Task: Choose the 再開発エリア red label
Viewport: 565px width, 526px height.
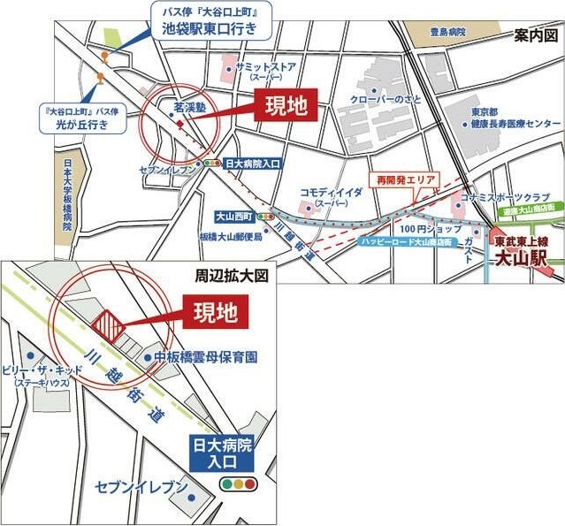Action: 406,179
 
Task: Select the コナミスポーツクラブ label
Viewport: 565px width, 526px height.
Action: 515,197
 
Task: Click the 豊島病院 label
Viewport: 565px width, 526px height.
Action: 448,32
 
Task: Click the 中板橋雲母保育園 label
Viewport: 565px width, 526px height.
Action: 204,357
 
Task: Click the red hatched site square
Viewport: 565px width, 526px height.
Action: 109,325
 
